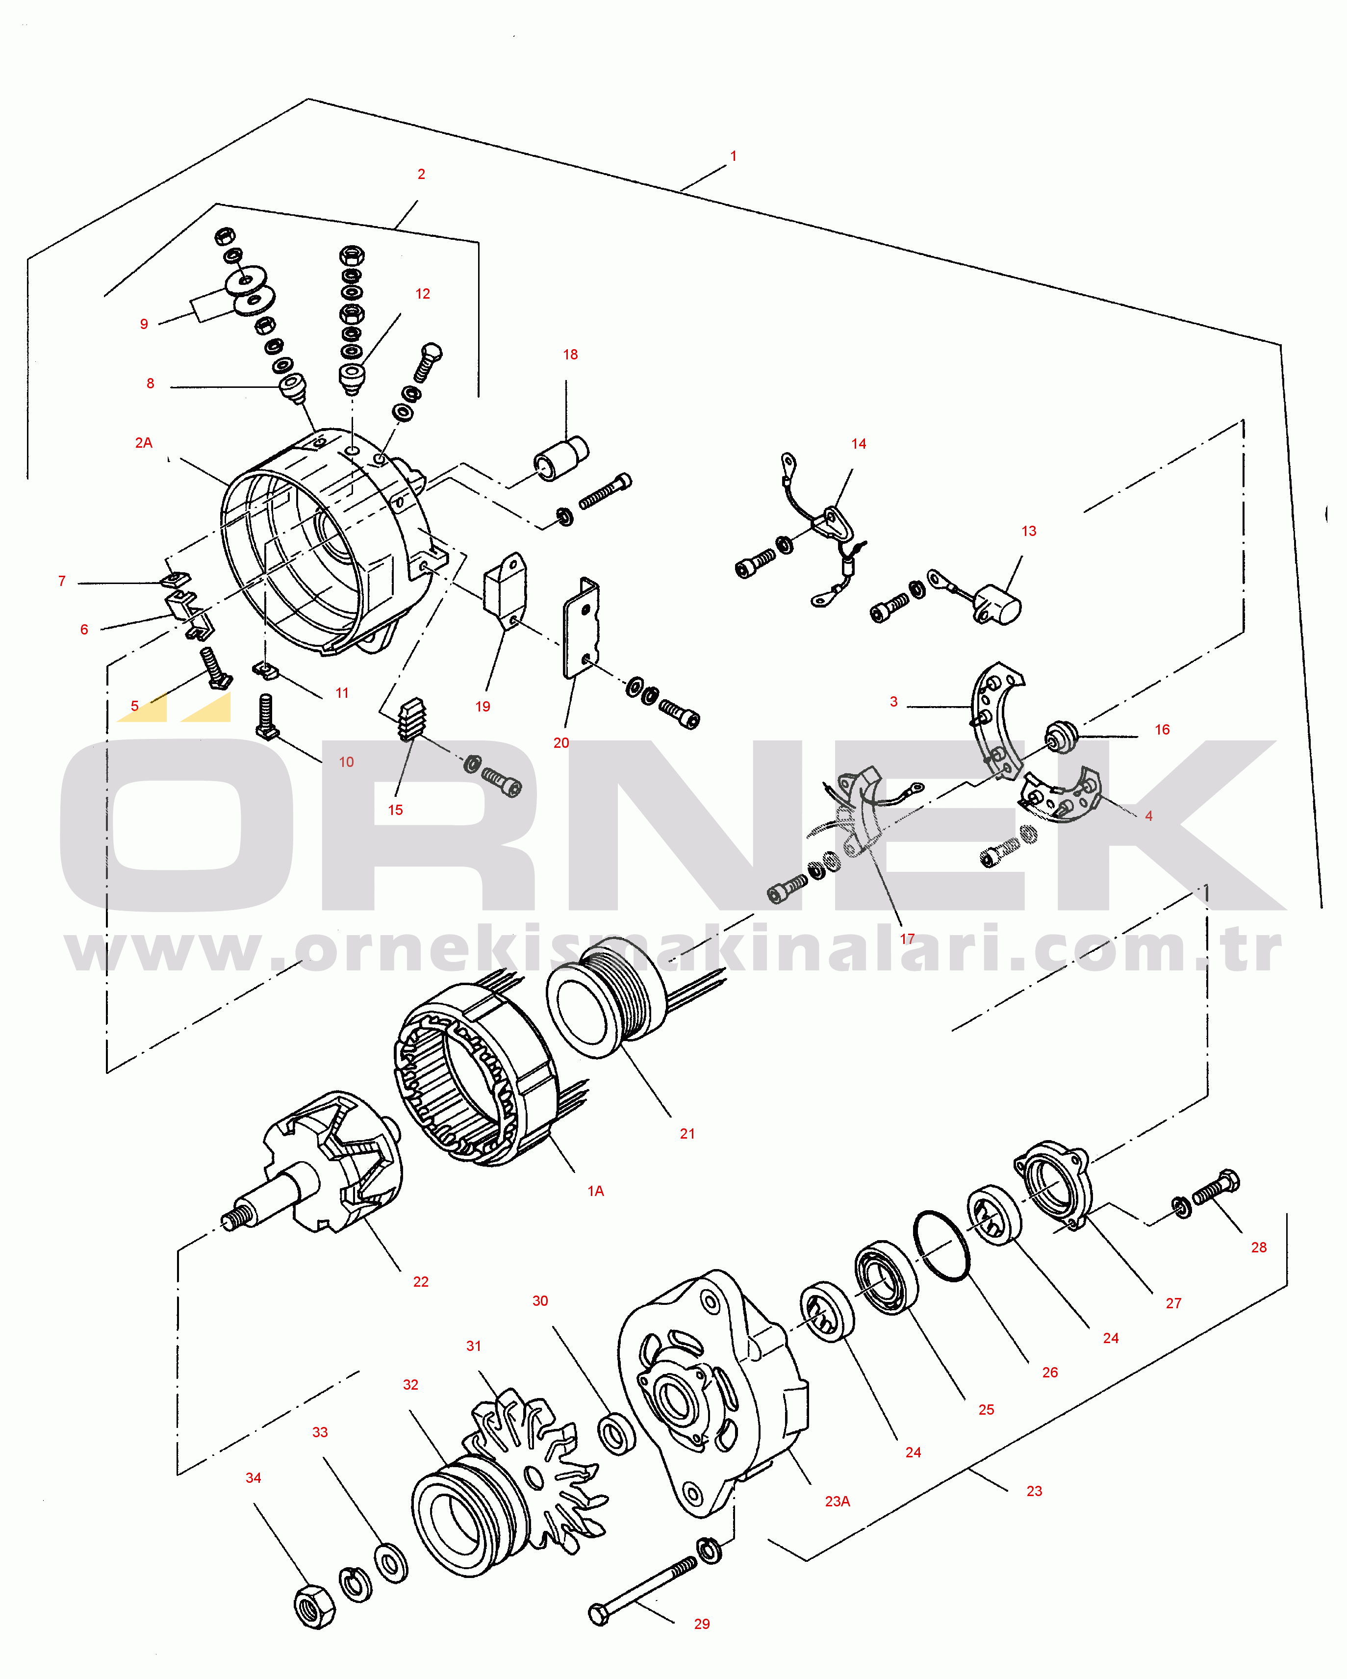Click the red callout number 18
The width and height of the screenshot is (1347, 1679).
[x=570, y=355]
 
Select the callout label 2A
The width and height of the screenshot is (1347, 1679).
[x=143, y=442]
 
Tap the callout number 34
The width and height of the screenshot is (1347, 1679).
[x=253, y=1477]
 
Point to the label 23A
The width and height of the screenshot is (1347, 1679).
[x=837, y=1501]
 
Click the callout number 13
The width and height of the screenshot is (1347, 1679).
[x=1029, y=531]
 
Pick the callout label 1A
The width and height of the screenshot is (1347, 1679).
[x=596, y=1191]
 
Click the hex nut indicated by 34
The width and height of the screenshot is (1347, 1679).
[x=314, y=1605]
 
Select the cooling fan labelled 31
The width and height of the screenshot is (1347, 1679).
[x=537, y=1464]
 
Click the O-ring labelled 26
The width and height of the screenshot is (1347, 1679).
[x=941, y=1246]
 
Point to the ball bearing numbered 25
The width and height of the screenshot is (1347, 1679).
[x=886, y=1278]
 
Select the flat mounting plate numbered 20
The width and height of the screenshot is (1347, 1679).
[x=582, y=627]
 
